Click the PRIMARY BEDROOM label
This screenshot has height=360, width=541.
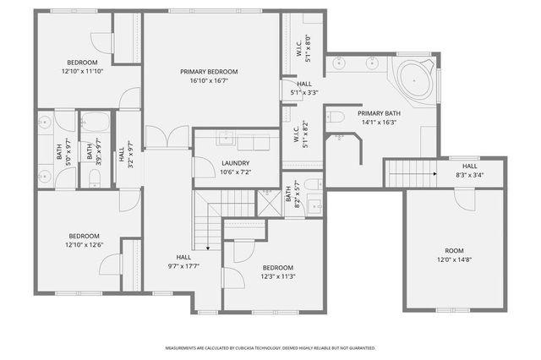coord(209,72)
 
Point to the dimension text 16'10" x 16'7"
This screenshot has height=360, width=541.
coord(209,81)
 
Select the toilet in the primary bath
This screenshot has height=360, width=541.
coord(335,117)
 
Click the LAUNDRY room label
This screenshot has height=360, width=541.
coord(234,163)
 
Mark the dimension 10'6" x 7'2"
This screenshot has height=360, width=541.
coord(234,172)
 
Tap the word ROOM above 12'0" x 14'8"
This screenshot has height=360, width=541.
coord(455,250)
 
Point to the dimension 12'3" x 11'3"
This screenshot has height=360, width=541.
coord(277,275)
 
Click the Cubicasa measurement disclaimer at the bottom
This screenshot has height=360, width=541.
coord(270,347)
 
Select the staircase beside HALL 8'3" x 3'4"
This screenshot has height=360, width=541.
coord(410,174)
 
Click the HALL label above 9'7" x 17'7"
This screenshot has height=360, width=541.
coord(183,257)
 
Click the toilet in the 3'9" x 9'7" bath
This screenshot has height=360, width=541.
coord(95,177)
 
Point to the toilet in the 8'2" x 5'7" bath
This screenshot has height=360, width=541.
coord(312,184)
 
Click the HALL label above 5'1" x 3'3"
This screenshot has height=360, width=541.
coord(304,84)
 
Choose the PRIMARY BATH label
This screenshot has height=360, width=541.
coord(378,112)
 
